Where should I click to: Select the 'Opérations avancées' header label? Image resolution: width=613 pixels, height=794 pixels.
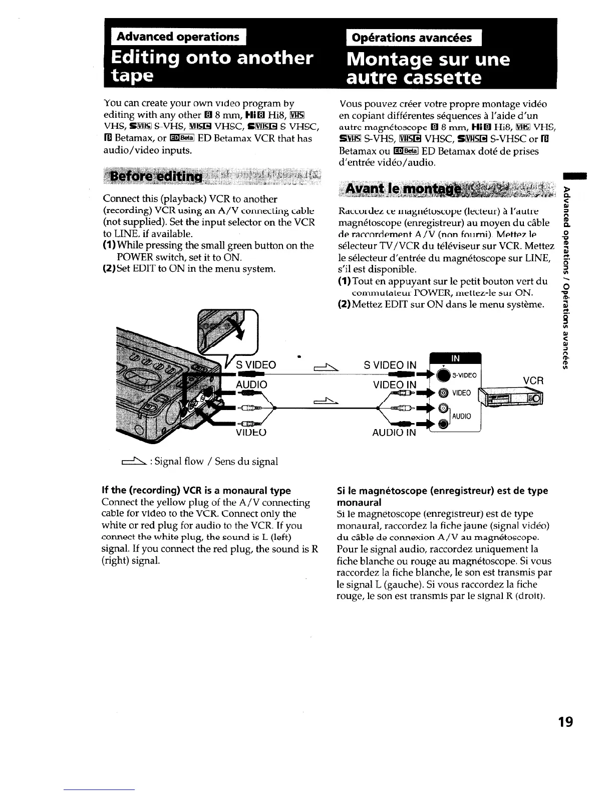pos(411,38)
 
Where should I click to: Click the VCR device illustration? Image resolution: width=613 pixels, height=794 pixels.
pos(511,399)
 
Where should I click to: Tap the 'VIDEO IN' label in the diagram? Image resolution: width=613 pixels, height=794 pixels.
pos(395,385)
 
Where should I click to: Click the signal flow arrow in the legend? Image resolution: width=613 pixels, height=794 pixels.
pos(131,461)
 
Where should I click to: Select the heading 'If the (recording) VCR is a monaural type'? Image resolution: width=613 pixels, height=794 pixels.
pos(196,490)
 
